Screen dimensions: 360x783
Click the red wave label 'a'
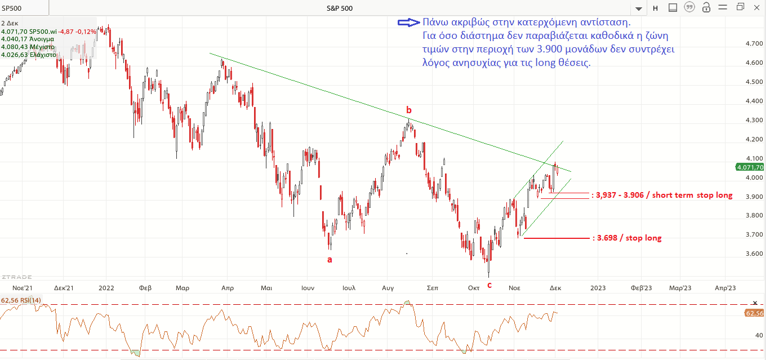(330, 260)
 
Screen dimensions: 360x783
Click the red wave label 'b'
(409, 109)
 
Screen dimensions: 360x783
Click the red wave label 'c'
(489, 285)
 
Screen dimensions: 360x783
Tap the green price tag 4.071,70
(749, 167)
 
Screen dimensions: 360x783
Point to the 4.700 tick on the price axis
(754, 43)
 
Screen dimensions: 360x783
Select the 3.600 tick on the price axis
(754, 254)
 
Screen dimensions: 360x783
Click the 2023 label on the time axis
(598, 287)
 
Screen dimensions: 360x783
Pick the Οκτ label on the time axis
(473, 287)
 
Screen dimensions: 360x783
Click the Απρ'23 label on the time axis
(725, 287)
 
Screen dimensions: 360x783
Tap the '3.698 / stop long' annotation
(628, 238)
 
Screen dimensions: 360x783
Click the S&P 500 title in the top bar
(340, 8)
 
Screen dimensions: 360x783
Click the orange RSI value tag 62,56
(754, 313)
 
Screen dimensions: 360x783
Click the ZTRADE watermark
(17, 277)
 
